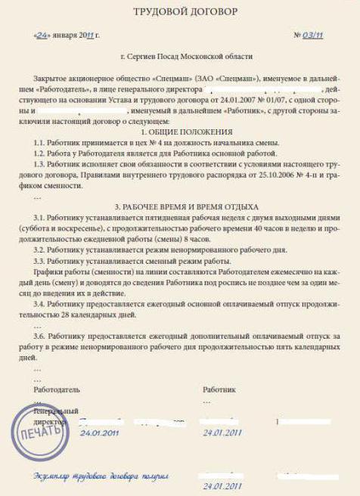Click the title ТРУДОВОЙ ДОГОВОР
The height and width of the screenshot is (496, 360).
[179, 13]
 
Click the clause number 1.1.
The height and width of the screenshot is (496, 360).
[40, 142]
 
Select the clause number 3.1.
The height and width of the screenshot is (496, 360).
[40, 217]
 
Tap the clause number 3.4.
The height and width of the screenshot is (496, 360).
[40, 302]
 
